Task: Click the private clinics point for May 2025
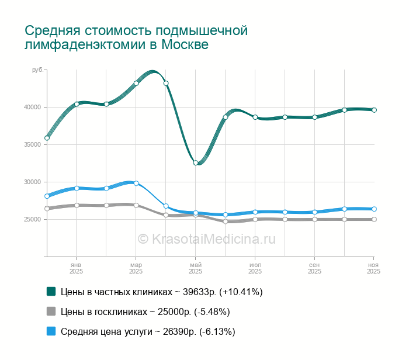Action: [x=196, y=163]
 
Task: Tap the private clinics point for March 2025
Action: [x=136, y=83]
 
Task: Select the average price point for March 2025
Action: [x=136, y=183]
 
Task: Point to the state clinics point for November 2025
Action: [x=374, y=220]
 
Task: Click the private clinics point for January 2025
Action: [x=77, y=104]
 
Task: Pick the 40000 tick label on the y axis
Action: [x=32, y=107]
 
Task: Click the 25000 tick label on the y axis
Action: [x=32, y=219]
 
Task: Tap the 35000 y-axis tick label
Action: [x=32, y=144]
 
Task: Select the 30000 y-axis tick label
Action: [x=32, y=182]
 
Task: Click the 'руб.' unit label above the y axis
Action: [x=37, y=70]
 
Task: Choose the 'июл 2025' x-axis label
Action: [x=255, y=268]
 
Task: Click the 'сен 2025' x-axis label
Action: [x=314, y=268]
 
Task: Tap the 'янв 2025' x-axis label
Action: [x=77, y=268]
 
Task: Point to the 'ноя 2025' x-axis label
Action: [x=374, y=268]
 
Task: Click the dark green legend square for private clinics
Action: [x=51, y=291]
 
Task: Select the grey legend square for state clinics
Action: [x=51, y=311]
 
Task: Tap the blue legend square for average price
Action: [x=51, y=331]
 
